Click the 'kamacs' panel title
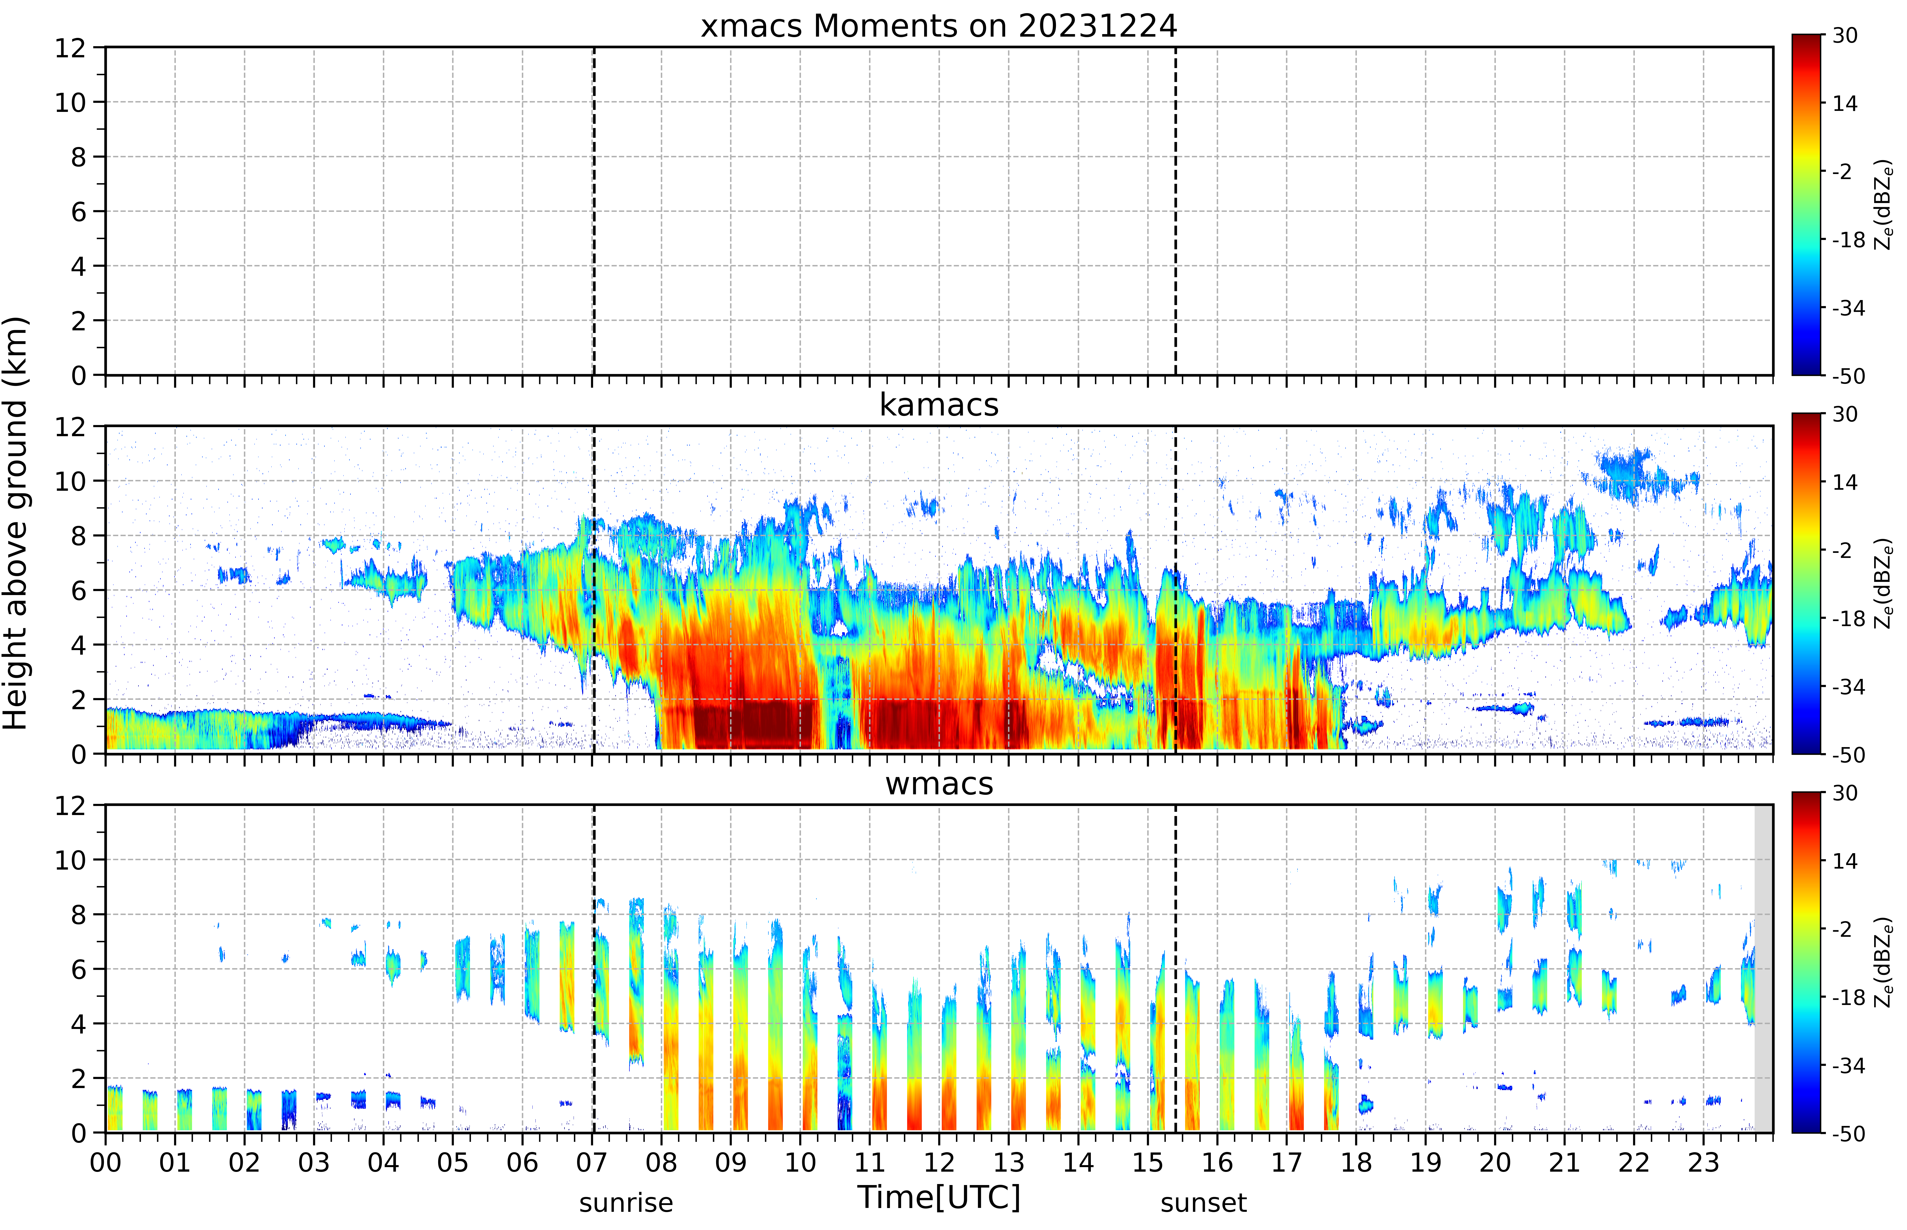(x=939, y=405)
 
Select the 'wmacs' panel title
(x=939, y=783)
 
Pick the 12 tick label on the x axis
(x=939, y=1162)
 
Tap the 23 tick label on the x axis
(x=1703, y=1162)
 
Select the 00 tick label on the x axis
(x=105, y=1162)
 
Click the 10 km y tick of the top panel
(x=70, y=102)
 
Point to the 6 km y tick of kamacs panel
(x=78, y=590)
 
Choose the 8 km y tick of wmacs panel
(x=78, y=915)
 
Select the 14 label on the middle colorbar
(x=1845, y=482)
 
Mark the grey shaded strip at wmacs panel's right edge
(x=1763, y=968)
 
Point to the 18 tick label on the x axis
(x=1356, y=1162)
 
